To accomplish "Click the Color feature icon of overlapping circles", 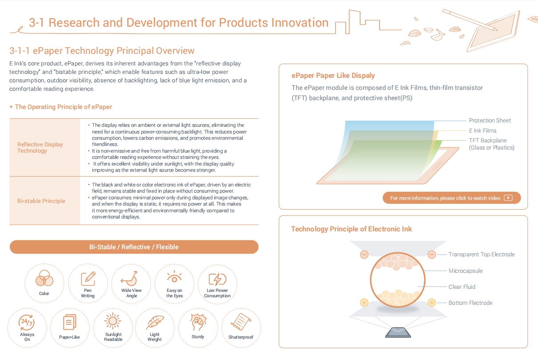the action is [x=44, y=278].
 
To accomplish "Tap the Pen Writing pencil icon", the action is [x=88, y=279].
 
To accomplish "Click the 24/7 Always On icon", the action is [x=26, y=322].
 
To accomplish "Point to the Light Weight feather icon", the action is [x=155, y=322].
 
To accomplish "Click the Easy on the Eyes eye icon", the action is [x=174, y=277].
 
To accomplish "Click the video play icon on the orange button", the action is [x=508, y=198].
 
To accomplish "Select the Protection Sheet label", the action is [x=490, y=121].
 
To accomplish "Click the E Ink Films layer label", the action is [x=482, y=130].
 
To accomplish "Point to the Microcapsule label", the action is [x=466, y=271].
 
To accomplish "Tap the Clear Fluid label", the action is [x=462, y=287].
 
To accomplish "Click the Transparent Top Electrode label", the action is [x=482, y=254].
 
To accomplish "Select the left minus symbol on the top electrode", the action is [x=364, y=255].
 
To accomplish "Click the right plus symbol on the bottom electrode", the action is [x=432, y=303].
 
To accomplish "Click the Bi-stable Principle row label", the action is [x=41, y=201].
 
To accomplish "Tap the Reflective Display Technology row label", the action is [x=40, y=147].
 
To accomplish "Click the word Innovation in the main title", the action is [x=300, y=23].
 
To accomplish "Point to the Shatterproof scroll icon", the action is [x=241, y=322].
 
